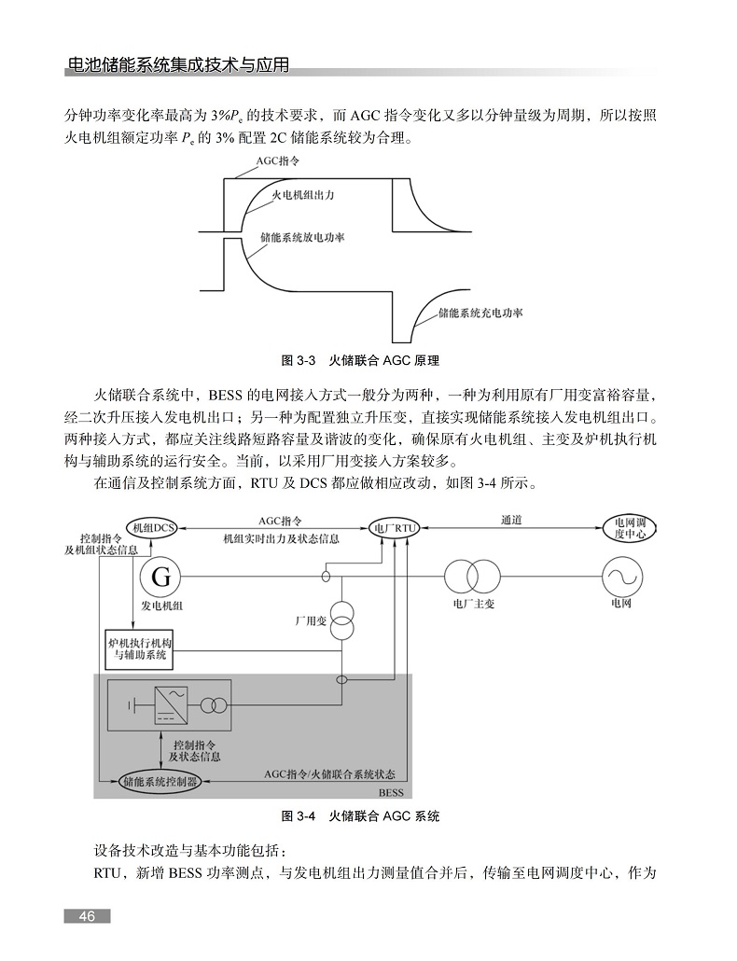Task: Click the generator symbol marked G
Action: pyautogui.click(x=160, y=577)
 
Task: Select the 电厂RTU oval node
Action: pyautogui.click(x=394, y=528)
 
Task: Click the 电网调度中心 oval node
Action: pyautogui.click(x=629, y=528)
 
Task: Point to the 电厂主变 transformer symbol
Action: pyautogui.click(x=472, y=577)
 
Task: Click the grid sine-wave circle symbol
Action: pyautogui.click(x=622, y=577)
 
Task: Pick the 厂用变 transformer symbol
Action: pyautogui.click(x=341, y=620)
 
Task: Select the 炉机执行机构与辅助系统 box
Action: pyautogui.click(x=140, y=649)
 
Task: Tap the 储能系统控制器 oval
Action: pyautogui.click(x=160, y=782)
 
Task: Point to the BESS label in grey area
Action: pyautogui.click(x=391, y=792)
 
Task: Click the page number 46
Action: pyautogui.click(x=87, y=916)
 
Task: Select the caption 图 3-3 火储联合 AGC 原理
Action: pyautogui.click(x=360, y=360)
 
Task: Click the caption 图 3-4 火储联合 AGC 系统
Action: pyautogui.click(x=360, y=815)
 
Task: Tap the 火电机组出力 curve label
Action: pyautogui.click(x=302, y=195)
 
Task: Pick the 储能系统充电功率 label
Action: pyautogui.click(x=481, y=313)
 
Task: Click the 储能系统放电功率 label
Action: pyautogui.click(x=302, y=237)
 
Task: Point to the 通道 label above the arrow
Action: pyautogui.click(x=511, y=520)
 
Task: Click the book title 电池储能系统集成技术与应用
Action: pyautogui.click(x=177, y=65)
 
